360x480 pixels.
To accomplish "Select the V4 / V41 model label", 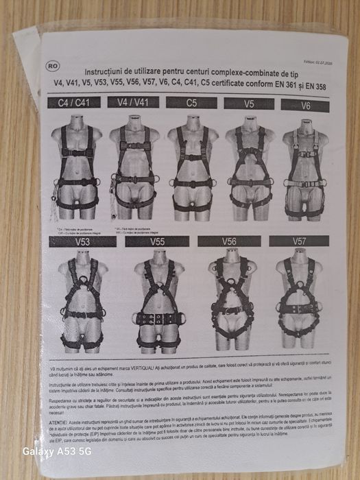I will pyautogui.click(x=134, y=103).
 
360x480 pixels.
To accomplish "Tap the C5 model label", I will pyautogui.click(x=193, y=104).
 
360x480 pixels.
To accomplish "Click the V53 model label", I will pyautogui.click(x=82, y=241).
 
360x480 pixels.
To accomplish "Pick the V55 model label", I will pyautogui.click(x=157, y=241).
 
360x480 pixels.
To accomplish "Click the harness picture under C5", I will pyautogui.click(x=193, y=168).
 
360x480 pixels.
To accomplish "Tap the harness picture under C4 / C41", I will pyautogui.click(x=77, y=168).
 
